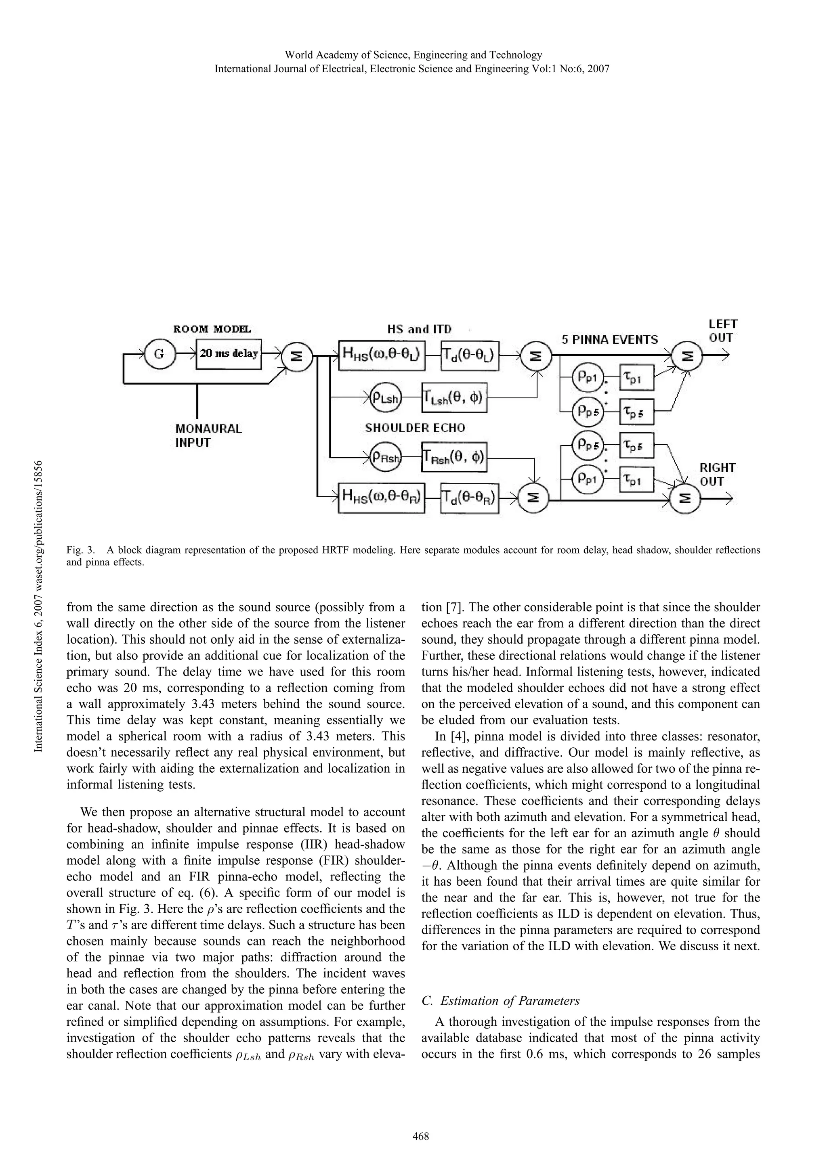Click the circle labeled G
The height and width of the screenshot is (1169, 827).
[159, 353]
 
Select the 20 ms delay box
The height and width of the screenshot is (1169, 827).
[229, 353]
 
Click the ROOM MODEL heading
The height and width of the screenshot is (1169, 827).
[212, 329]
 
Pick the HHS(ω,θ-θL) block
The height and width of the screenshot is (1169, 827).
[382, 355]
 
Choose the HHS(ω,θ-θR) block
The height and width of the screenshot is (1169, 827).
[382, 498]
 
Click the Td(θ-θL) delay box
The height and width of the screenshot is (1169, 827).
[470, 355]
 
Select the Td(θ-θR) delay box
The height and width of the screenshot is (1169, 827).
[470, 498]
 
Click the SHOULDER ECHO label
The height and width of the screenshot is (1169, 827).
[415, 428]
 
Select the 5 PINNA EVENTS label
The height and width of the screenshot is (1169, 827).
[609, 340]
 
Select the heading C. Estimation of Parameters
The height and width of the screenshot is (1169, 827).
[501, 1000]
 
